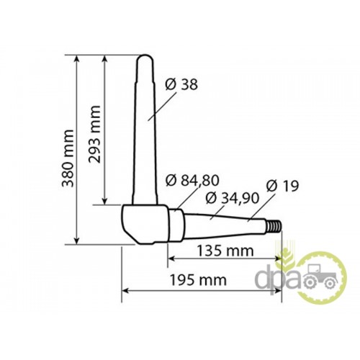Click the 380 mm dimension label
[x=68, y=158]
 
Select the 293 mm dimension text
[x=94, y=134]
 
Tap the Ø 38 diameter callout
[x=181, y=84]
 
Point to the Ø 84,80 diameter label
[x=192, y=180]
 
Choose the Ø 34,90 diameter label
[x=233, y=199]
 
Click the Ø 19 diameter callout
[x=282, y=186]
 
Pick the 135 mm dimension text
[x=225, y=251]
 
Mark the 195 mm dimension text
[x=198, y=280]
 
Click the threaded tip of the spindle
[x=274, y=226]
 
